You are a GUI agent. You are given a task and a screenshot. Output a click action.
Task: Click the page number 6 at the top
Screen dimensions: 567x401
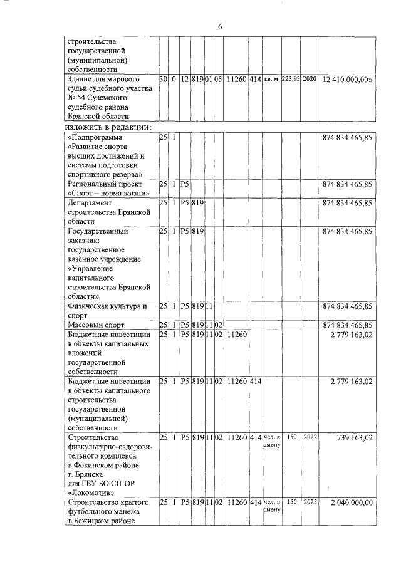pos(220,26)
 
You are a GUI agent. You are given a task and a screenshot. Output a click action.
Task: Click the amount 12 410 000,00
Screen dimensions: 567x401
pos(348,80)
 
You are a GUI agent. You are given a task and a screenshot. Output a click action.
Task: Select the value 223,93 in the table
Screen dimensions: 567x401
pos(291,80)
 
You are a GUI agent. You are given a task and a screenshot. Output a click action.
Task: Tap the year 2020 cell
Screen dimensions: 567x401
pos(309,80)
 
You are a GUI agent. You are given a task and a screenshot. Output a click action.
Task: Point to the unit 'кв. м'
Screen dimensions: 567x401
pos(271,80)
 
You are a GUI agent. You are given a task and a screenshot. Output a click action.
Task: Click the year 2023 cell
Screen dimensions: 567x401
pos(309,502)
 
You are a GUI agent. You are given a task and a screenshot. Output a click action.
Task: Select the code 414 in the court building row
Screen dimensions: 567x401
pos(254,80)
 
